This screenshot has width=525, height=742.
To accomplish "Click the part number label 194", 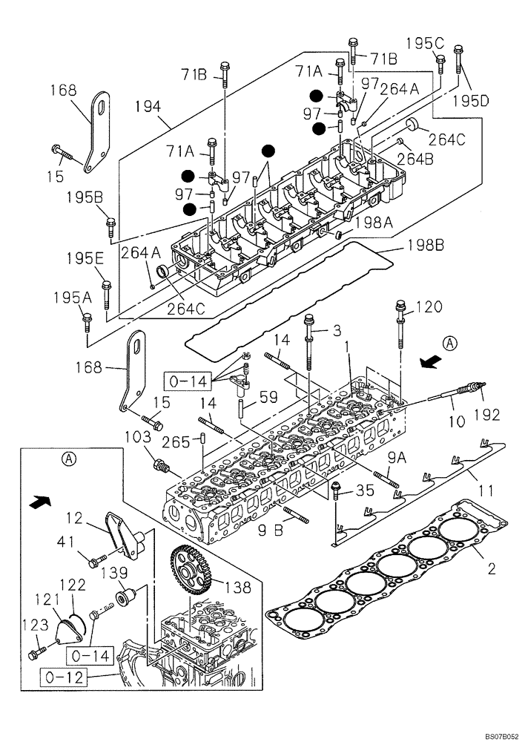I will [148, 108].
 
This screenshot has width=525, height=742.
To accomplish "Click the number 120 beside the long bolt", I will [428, 306].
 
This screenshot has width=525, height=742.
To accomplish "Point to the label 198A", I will [378, 221].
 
